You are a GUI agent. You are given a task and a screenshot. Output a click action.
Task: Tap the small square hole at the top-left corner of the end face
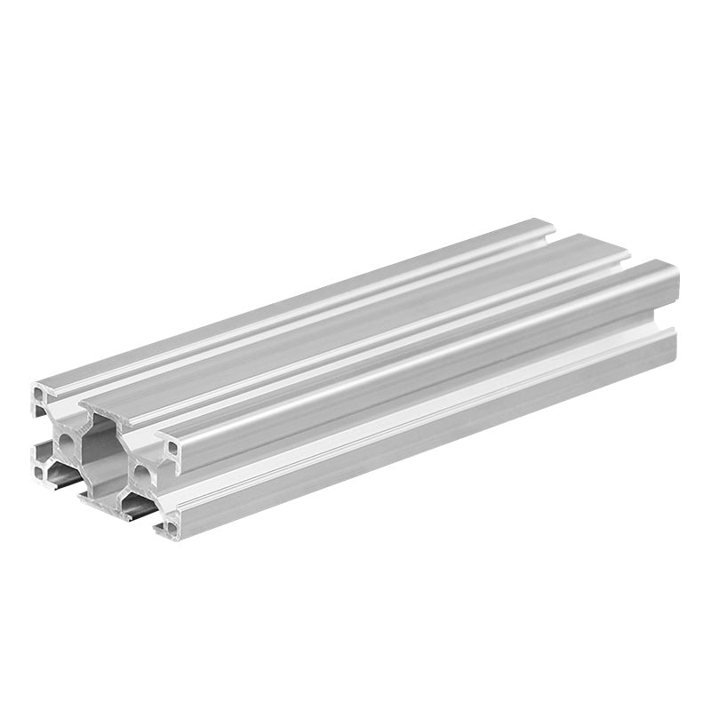click(x=41, y=392)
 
